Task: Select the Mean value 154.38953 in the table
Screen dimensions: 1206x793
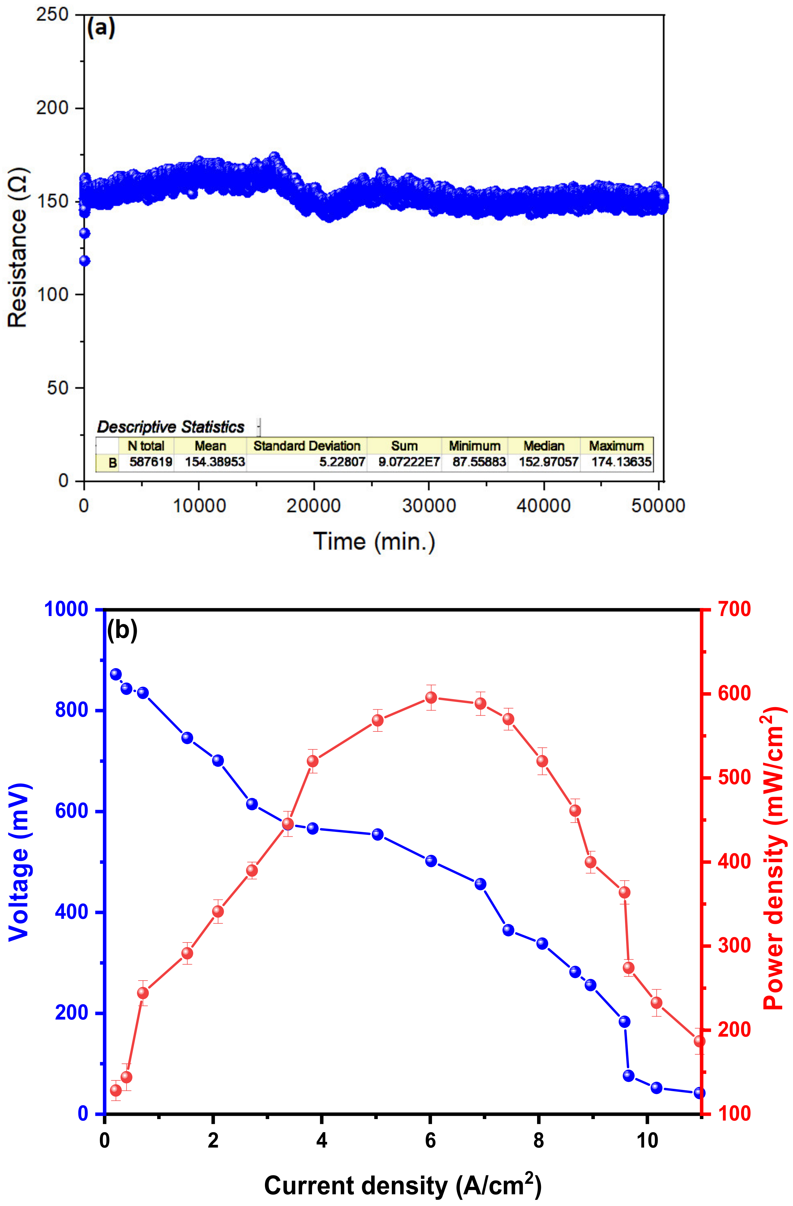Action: point(215,462)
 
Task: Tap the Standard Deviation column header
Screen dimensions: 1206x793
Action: point(307,446)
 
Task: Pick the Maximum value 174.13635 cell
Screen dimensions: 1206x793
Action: point(621,462)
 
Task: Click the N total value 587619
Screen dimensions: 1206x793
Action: point(151,462)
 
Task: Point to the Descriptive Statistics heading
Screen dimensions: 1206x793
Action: point(171,427)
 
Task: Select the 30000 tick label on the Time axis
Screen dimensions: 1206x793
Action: point(428,506)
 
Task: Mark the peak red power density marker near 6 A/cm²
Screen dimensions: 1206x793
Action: point(431,698)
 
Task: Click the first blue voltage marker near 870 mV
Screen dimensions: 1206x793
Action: point(116,674)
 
